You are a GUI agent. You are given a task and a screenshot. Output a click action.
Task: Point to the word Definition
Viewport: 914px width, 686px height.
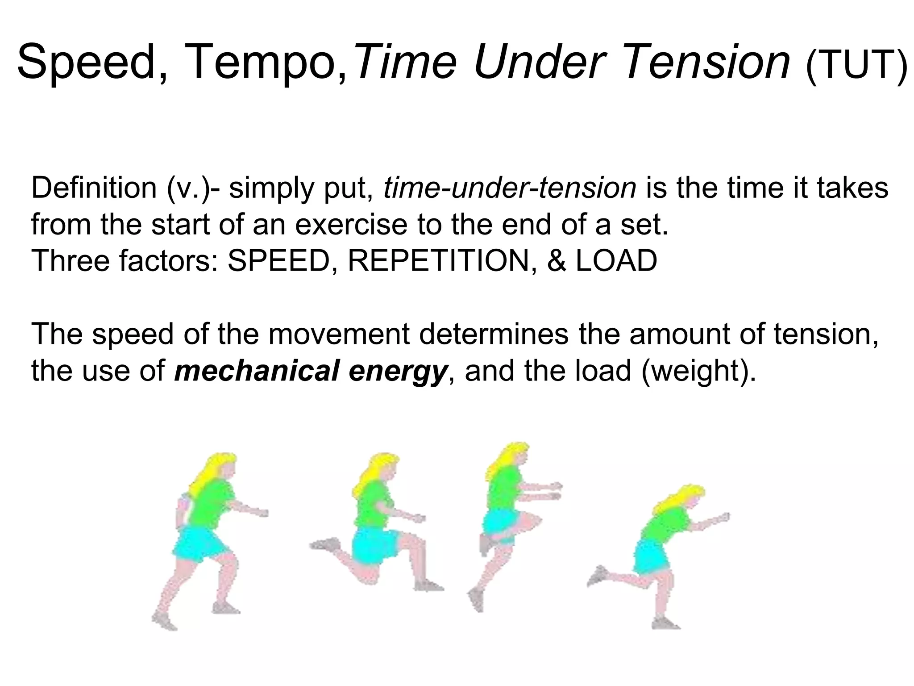click(x=94, y=188)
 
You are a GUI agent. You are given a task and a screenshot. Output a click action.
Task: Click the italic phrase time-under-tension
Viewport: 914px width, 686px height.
click(x=509, y=188)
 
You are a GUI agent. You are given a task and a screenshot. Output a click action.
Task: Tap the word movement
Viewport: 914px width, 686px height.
click(x=339, y=334)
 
